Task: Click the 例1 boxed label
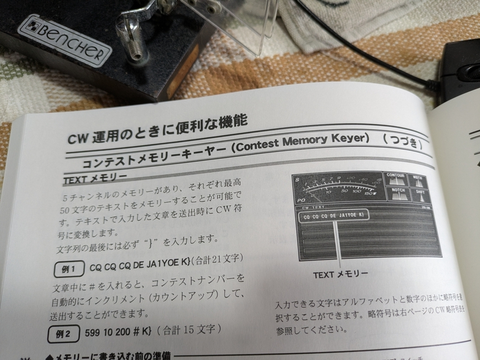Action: point(69,269)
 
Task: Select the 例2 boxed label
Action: point(63,335)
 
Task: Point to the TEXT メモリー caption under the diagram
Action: point(340,274)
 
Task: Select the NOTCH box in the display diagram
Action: point(398,194)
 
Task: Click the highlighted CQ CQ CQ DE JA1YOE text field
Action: point(334,216)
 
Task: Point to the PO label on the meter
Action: point(301,200)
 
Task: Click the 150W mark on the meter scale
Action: point(370,193)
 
